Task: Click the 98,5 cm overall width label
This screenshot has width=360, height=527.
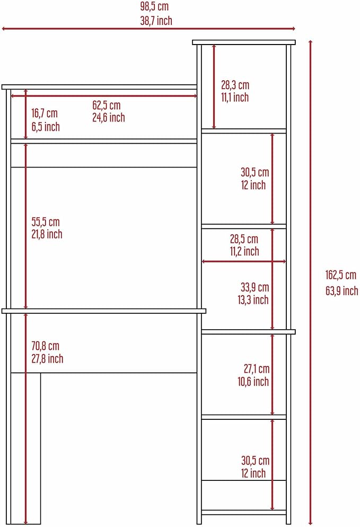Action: point(154,6)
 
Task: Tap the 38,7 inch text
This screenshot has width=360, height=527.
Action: point(156,21)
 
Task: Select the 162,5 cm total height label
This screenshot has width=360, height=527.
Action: point(340,275)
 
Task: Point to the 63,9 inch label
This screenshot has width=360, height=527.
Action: point(341,291)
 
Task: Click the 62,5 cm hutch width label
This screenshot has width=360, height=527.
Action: point(106,105)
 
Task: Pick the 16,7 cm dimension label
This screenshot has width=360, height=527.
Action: point(45,113)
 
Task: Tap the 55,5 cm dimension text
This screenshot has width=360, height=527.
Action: point(46,222)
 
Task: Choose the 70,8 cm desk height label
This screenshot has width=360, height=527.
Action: point(45,346)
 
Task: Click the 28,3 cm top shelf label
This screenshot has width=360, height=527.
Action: point(235,85)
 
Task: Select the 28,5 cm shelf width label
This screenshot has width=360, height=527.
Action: point(244,239)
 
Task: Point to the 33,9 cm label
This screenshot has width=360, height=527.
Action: point(255,287)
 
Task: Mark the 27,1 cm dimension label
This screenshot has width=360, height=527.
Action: point(257,368)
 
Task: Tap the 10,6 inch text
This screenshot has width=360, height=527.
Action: point(253,382)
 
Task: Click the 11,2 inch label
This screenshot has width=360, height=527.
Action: point(244,251)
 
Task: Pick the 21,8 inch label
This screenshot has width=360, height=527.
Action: point(47,234)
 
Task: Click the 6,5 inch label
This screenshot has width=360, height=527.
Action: point(46,127)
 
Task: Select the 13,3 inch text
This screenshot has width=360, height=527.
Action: point(253,300)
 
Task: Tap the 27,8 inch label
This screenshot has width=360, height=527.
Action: point(47,358)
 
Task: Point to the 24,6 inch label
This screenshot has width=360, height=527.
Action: point(109,118)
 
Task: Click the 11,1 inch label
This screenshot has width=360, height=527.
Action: point(235,98)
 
